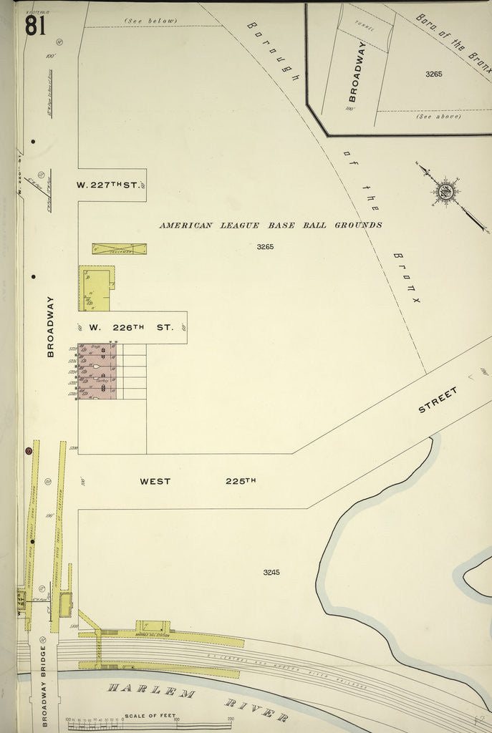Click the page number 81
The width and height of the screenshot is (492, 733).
[35, 25]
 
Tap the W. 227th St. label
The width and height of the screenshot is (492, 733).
[107, 185]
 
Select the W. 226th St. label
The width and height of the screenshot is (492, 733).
[132, 327]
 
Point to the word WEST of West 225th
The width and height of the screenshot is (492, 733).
[155, 481]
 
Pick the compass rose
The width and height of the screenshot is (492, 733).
[445, 191]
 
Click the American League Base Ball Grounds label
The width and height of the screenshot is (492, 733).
[270, 225]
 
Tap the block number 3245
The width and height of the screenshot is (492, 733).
[271, 572]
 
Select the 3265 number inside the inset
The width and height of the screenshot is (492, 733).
[433, 74]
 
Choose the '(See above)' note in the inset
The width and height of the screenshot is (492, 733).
[438, 116]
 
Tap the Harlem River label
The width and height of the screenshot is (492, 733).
[198, 702]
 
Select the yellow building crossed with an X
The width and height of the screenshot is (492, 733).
[119, 249]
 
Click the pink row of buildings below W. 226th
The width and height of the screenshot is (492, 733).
[97, 371]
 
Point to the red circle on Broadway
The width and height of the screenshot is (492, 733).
[29, 450]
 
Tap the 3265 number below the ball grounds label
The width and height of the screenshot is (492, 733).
[266, 246]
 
